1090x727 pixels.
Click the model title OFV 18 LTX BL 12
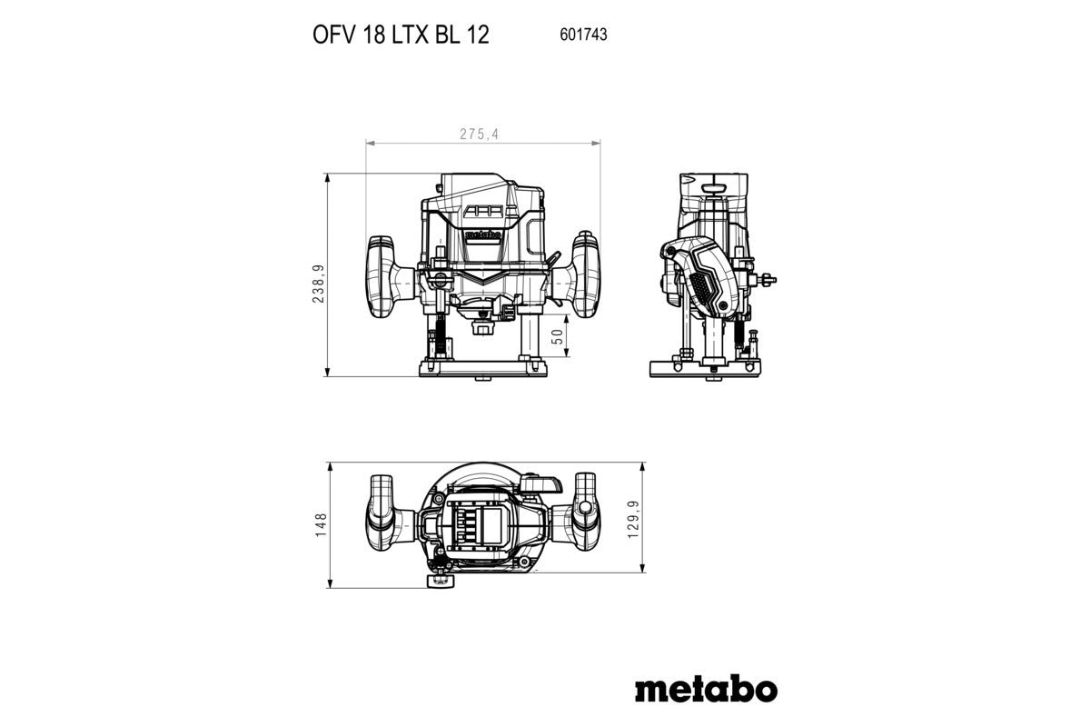click(401, 35)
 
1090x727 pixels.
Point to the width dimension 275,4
click(479, 134)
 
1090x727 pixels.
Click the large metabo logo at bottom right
click(705, 688)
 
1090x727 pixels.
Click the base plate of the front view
click(482, 368)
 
